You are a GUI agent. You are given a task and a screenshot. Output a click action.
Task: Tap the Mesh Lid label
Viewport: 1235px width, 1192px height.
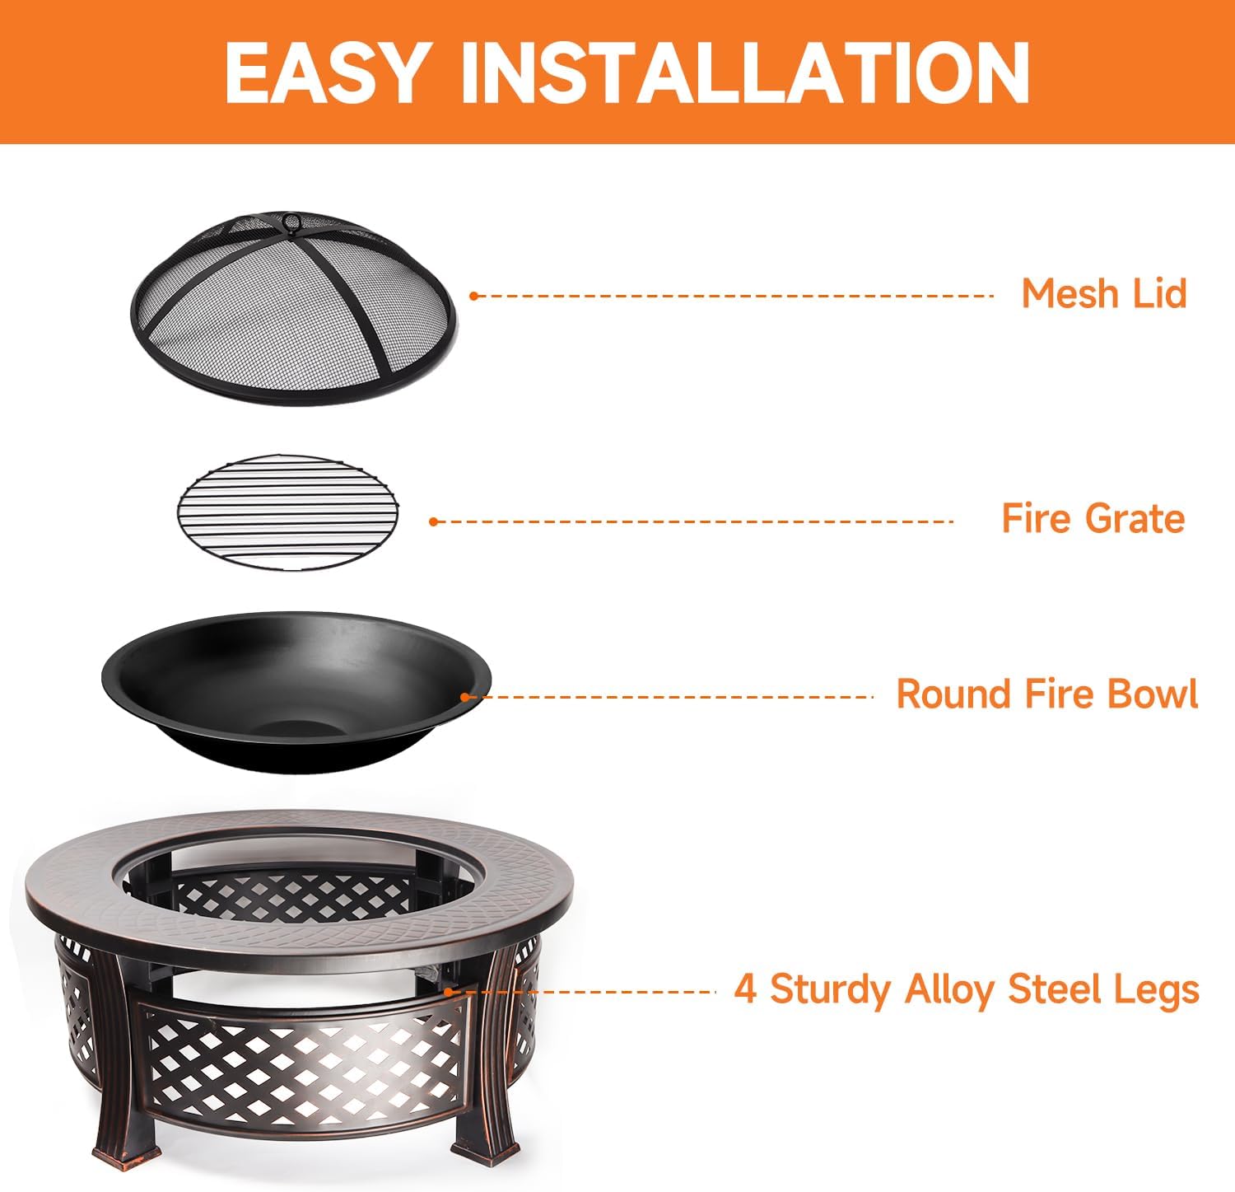(x=1103, y=294)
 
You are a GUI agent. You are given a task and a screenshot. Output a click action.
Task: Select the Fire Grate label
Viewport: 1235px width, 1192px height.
(x=1093, y=519)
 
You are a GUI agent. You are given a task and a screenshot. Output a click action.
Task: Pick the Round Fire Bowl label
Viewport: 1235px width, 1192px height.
(x=1046, y=694)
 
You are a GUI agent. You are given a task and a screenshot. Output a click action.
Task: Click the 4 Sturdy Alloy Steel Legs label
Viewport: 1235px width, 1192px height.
(x=967, y=989)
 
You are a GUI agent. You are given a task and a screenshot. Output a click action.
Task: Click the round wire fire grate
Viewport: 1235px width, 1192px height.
(x=287, y=511)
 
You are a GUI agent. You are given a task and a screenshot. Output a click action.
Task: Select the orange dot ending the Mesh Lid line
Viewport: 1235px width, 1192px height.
(x=473, y=296)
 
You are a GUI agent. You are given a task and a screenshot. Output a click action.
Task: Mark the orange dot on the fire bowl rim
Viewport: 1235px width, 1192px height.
(x=465, y=697)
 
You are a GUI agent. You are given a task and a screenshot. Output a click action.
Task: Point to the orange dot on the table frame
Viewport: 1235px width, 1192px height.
(x=448, y=991)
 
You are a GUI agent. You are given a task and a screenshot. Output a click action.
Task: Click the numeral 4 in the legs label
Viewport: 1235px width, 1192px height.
(x=745, y=989)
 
